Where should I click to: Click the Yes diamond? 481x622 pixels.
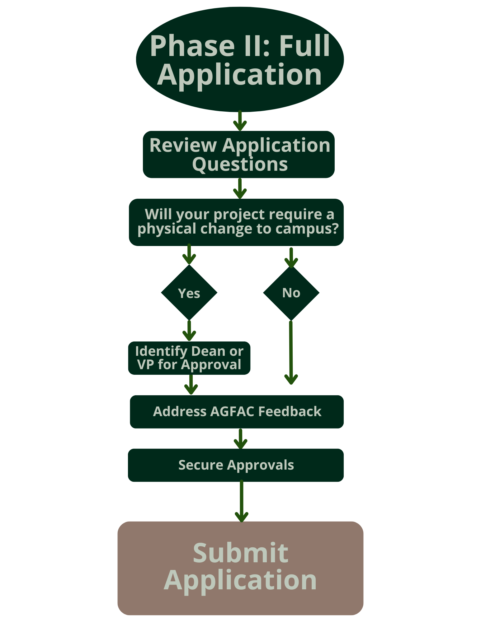(x=189, y=293)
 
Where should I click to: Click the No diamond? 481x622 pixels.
(x=291, y=293)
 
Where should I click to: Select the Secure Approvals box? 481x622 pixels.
(x=236, y=465)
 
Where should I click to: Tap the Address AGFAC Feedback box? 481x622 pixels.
(x=237, y=411)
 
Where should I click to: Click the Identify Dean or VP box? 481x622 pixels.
(x=189, y=358)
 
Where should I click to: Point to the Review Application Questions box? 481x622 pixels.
(x=239, y=154)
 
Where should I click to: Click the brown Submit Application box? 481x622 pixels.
(x=240, y=568)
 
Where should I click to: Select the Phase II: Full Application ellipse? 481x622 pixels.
(x=240, y=59)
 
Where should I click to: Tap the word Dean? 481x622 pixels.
(x=204, y=351)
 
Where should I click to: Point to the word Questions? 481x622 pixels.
(x=240, y=164)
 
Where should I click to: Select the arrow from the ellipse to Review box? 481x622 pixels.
(x=240, y=121)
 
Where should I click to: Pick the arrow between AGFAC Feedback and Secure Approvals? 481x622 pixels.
(x=241, y=439)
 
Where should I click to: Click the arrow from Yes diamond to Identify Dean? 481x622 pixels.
(x=189, y=331)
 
